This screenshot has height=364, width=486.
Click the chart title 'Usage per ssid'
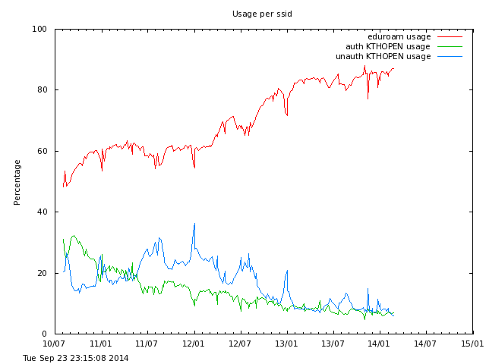click(x=262, y=14)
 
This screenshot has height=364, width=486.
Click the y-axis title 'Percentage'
click(x=17, y=182)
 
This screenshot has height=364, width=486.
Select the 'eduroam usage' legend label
click(x=399, y=36)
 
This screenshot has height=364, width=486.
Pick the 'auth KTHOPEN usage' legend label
click(x=388, y=46)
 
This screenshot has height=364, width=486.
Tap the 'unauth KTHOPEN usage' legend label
click(x=383, y=56)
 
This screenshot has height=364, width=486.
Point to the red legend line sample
click(x=450, y=36)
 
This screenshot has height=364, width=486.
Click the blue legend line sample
click(x=450, y=56)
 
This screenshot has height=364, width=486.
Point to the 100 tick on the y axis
click(x=39, y=30)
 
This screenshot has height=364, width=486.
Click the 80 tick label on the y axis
click(x=42, y=90)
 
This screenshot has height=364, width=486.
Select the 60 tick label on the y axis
click(x=42, y=151)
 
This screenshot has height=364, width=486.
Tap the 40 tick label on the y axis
click(x=42, y=212)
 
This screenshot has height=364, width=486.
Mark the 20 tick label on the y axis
click(x=42, y=273)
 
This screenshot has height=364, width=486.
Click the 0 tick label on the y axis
click(x=45, y=334)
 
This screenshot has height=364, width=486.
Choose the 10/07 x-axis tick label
click(x=55, y=344)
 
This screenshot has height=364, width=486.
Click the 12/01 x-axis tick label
click(x=194, y=344)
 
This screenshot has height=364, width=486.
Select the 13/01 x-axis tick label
click(x=287, y=344)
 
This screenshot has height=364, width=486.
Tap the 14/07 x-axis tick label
click(x=426, y=344)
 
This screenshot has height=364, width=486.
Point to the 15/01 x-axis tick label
click(x=472, y=344)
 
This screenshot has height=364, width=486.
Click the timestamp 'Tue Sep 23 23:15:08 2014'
click(x=76, y=358)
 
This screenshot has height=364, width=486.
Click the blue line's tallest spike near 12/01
click(x=194, y=224)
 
